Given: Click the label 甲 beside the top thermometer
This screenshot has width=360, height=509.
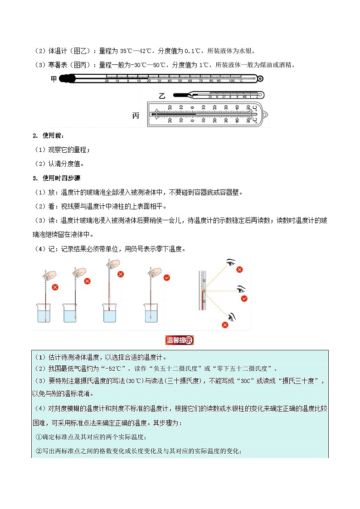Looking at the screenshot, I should coord(54,79).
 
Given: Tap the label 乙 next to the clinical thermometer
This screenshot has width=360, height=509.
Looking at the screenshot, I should coord(162,96).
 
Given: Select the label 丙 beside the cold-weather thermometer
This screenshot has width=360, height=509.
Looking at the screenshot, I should coord(136,116).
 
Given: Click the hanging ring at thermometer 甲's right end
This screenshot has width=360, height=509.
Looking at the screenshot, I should coord(260,79).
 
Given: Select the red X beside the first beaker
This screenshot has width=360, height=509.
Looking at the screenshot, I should coord(55,287).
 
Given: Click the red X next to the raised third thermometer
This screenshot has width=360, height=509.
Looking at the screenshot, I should coord(121,274).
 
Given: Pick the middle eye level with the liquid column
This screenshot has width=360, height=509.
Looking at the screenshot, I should coord(241,289).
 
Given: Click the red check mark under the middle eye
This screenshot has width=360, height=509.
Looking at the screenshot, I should coord(244,298).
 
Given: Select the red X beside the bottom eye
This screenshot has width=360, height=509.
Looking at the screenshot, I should coord(225,325).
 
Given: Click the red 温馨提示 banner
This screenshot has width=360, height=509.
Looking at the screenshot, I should coord(180,340).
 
